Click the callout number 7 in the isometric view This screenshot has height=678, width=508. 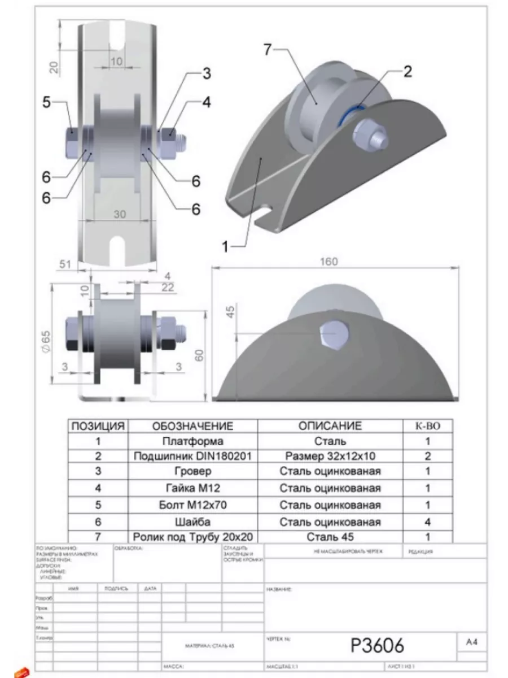(269, 49)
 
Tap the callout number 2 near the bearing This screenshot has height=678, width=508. (408, 71)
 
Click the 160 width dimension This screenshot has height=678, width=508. (329, 261)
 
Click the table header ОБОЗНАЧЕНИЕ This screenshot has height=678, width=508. (193, 426)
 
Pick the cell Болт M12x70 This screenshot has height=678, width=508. (192, 505)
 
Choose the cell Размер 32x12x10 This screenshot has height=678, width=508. (330, 456)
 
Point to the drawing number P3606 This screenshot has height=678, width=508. (377, 645)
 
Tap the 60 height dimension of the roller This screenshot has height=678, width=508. (198, 355)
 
